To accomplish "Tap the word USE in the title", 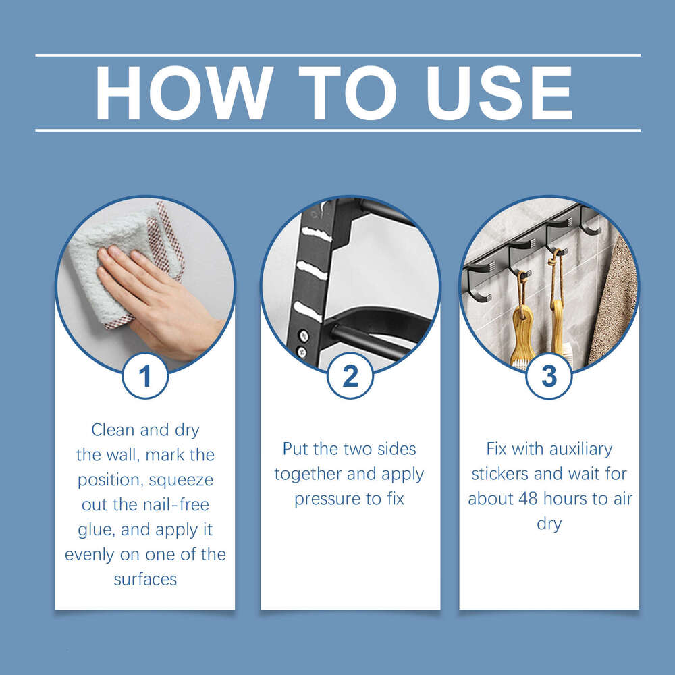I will point(500,93).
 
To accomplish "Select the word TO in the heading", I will point(348,93).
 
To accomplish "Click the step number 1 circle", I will point(145,376).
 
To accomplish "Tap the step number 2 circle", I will point(350,376).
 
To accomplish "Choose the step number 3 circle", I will point(549,376).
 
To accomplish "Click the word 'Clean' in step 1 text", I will point(113,430).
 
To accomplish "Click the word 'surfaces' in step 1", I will point(145,579).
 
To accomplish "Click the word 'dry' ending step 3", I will point(549,524).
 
